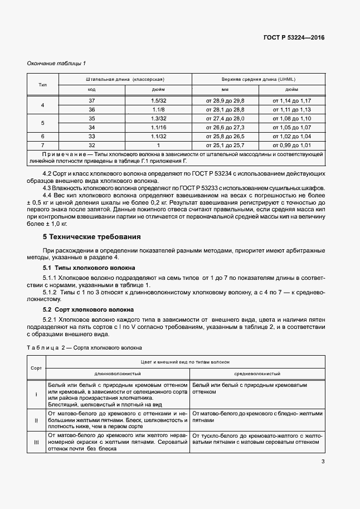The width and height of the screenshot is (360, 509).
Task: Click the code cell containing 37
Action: [92, 100]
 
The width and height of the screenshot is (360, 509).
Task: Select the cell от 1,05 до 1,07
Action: [291, 127]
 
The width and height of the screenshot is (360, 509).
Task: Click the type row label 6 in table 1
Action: [43, 136]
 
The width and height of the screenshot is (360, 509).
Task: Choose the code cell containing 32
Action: [92, 145]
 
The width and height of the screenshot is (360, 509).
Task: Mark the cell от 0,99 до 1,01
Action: [291, 145]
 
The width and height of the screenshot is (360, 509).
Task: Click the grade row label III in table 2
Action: [36, 442]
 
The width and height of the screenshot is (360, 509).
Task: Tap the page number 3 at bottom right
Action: [323, 462]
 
